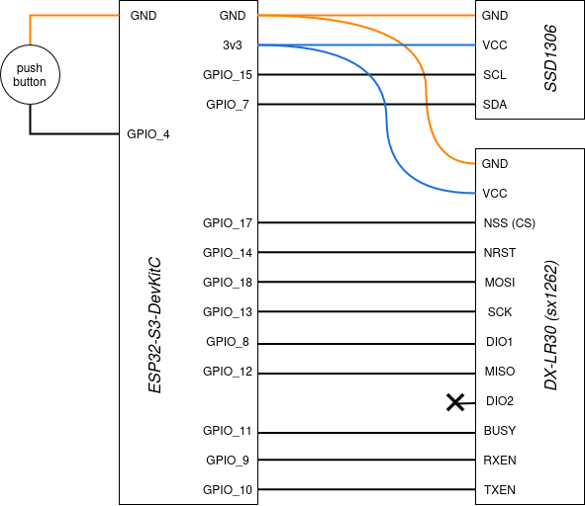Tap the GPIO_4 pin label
point(148,134)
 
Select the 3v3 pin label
point(232,45)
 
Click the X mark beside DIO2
point(455,403)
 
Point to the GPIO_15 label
point(228,75)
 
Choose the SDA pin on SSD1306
point(495,105)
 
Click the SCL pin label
point(495,75)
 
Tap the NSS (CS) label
point(509,223)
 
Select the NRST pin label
point(500,253)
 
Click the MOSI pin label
point(500,283)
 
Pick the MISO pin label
point(500,372)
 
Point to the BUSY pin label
point(500,431)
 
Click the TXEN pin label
point(500,489)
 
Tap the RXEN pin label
point(500,461)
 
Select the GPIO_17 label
point(228,223)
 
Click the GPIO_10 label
point(228,489)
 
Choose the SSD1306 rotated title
point(550,58)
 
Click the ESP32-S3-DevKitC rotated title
point(154,325)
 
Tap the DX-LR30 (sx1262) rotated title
point(550,325)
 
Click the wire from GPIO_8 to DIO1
point(367,344)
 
